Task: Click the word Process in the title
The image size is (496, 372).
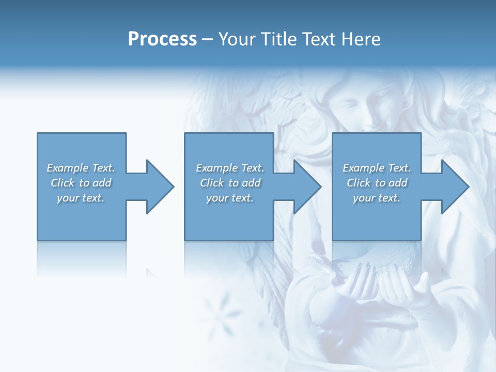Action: (x=162, y=39)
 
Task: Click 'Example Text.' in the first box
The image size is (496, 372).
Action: (x=81, y=168)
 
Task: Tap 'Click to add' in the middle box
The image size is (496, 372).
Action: (x=230, y=183)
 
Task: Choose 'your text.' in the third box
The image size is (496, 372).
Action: (x=376, y=198)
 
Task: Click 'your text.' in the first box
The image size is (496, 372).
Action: (x=81, y=198)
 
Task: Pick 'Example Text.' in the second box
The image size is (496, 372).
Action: (x=230, y=168)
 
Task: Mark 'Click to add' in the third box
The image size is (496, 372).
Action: (x=377, y=183)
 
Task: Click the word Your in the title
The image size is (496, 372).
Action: (x=236, y=39)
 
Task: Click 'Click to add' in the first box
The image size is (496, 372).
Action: (x=81, y=183)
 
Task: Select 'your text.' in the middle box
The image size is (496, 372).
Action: (x=230, y=198)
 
